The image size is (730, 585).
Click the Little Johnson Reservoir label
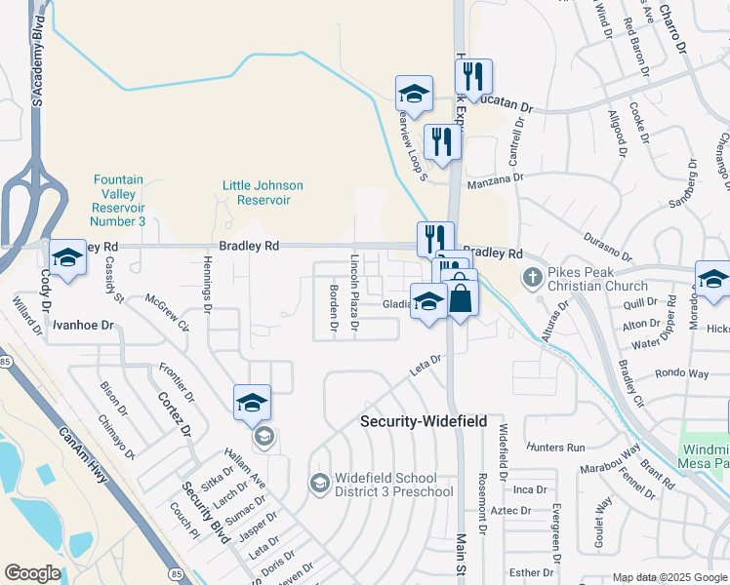coord(263,192)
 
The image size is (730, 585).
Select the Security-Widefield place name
coord(424,421)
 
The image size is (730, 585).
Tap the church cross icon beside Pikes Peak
coord(532,278)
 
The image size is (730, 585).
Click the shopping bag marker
coord(461,297)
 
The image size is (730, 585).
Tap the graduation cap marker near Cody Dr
coord(67,258)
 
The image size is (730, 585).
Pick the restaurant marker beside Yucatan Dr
coord(473,77)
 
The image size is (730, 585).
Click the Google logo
coord(32,573)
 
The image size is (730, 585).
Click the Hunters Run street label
coord(554,447)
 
